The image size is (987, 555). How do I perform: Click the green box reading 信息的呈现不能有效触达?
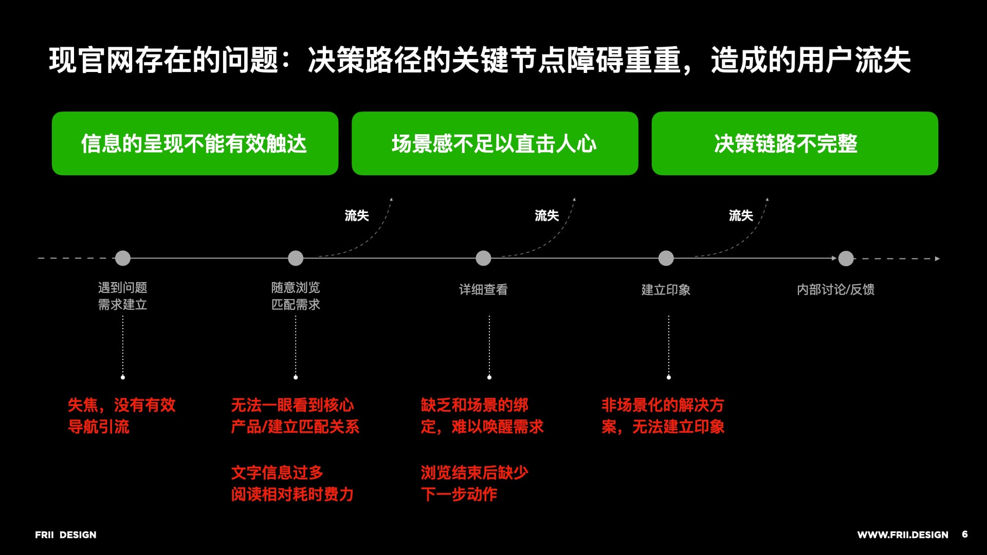pyautogui.click(x=195, y=143)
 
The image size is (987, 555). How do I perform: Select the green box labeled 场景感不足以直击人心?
pyautogui.click(x=495, y=143)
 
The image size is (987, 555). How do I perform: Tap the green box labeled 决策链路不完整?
pyautogui.click(x=794, y=143)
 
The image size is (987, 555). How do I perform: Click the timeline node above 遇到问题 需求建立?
pyautogui.click(x=123, y=258)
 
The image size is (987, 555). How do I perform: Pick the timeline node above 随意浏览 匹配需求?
pyautogui.click(x=296, y=258)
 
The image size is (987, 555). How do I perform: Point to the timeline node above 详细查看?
pyautogui.click(x=483, y=258)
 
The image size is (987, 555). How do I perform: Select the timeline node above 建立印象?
pyautogui.click(x=666, y=258)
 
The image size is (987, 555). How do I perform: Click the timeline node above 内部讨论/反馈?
pyautogui.click(x=846, y=258)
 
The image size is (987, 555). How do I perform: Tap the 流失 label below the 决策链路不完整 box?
pyautogui.click(x=741, y=215)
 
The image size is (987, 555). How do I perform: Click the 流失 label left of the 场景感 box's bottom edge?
pyautogui.click(x=357, y=215)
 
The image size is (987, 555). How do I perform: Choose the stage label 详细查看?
pyautogui.click(x=483, y=290)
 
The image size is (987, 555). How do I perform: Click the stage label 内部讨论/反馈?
pyautogui.click(x=835, y=290)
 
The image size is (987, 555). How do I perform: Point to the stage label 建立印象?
pyautogui.click(x=666, y=290)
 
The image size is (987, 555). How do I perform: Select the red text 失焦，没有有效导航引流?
pyautogui.click(x=122, y=416)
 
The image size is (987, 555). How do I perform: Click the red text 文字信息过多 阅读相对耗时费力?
pyautogui.click(x=292, y=483)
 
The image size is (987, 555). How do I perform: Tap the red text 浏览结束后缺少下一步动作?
pyautogui.click(x=474, y=483)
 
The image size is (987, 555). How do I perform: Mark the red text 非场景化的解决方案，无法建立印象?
pyautogui.click(x=663, y=416)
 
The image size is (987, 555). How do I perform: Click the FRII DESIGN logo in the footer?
pyautogui.click(x=66, y=535)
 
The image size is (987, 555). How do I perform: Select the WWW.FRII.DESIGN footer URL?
pyautogui.click(x=903, y=535)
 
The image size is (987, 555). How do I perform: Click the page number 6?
pyautogui.click(x=965, y=534)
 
